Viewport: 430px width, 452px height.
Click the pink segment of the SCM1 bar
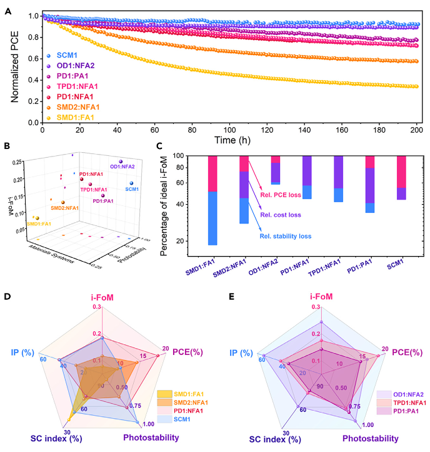tap(401, 172)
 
